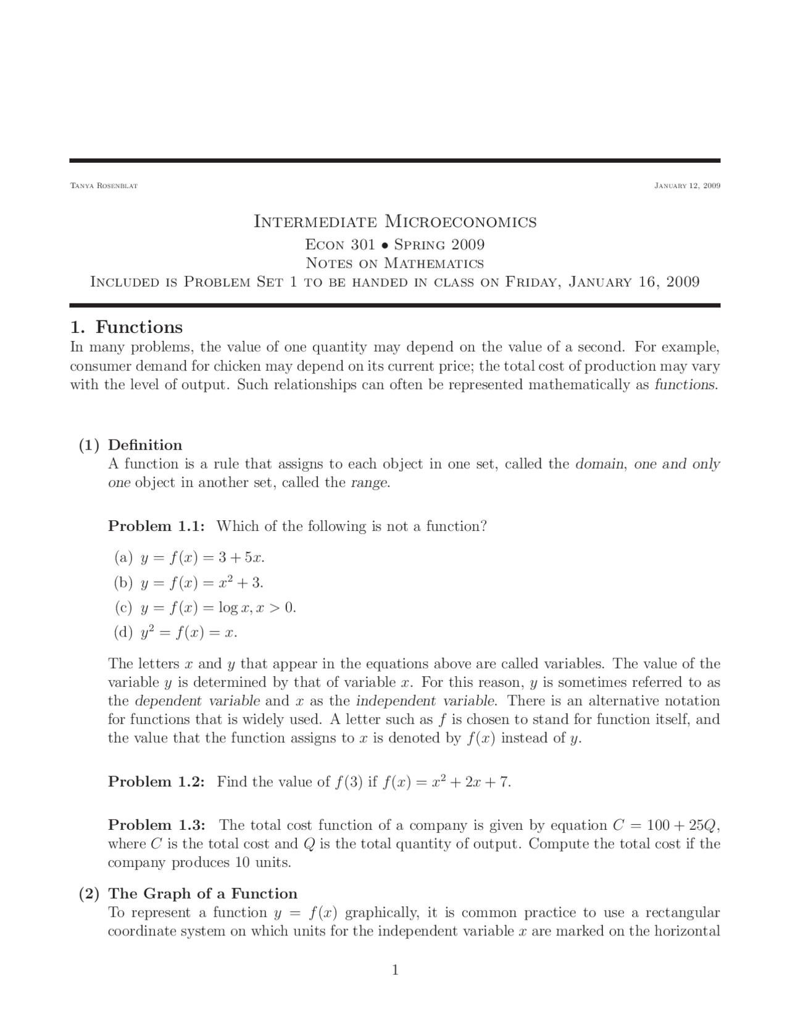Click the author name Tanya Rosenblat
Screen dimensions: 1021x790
tap(104, 186)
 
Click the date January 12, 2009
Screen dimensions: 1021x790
tap(687, 186)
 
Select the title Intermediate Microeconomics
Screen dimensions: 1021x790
tap(395, 222)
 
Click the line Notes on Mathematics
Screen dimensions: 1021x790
tap(395, 263)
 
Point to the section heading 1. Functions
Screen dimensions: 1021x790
tap(127, 327)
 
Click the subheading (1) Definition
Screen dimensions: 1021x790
tap(130, 445)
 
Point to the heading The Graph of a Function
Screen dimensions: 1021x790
tap(202, 893)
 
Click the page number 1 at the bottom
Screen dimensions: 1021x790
tap(395, 970)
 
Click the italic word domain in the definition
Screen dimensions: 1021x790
tap(600, 464)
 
